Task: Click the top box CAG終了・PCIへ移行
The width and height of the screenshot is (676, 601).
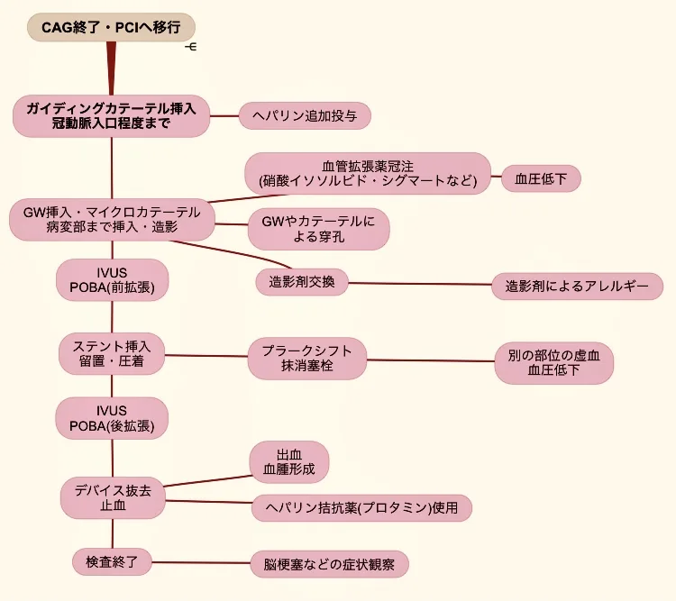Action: [111, 27]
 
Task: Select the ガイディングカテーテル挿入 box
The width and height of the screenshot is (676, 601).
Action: [112, 115]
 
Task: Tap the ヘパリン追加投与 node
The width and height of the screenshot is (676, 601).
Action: [305, 115]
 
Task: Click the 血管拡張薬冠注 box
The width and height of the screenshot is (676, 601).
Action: [368, 173]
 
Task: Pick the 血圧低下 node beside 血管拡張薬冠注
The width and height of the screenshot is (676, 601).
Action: [541, 178]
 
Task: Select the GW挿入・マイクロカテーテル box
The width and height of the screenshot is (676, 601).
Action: [112, 220]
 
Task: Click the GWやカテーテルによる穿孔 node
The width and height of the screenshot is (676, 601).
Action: [318, 229]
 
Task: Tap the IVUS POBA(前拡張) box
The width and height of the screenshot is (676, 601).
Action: [112, 279]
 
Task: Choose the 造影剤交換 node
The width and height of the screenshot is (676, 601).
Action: [302, 281]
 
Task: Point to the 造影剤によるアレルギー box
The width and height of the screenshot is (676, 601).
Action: [578, 287]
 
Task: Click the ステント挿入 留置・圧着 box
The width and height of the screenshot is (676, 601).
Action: [112, 353]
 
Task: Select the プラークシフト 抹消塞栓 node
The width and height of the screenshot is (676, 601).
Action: [307, 359]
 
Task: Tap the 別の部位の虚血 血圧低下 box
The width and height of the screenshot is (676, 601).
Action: [553, 363]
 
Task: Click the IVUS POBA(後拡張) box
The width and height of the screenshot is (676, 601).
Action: [112, 418]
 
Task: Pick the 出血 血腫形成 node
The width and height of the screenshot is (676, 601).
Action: [289, 462]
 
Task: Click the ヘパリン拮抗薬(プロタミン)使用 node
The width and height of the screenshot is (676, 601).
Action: [361, 508]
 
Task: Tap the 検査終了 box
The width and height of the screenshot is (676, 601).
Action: [113, 560]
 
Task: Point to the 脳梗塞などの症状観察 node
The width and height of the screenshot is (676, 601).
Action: [329, 565]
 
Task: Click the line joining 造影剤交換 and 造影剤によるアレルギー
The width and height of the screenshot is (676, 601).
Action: [420, 284]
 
